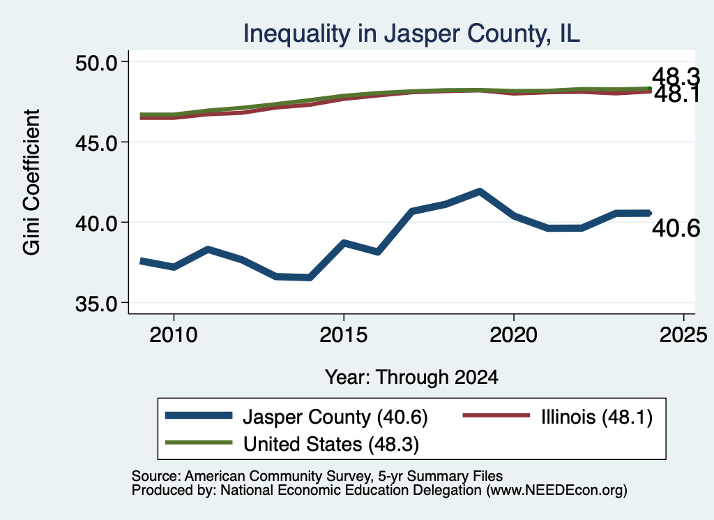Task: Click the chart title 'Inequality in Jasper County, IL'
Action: [411, 34]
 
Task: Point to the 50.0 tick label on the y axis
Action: [96, 62]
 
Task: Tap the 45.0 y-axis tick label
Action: [96, 142]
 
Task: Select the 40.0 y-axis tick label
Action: [96, 223]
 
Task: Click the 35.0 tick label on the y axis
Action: [96, 303]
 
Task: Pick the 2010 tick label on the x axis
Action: [174, 335]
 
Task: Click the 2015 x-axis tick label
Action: [343, 335]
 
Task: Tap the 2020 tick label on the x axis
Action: [514, 335]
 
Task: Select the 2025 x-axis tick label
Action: [683, 335]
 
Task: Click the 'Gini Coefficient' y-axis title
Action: [32, 182]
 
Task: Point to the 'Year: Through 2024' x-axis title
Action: [411, 378]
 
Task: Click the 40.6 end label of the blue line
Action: [676, 228]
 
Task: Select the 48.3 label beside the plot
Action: [676, 76]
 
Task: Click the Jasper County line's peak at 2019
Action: [480, 191]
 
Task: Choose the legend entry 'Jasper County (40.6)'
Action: [296, 417]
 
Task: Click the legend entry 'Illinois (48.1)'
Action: [558, 417]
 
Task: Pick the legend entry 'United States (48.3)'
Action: [292, 444]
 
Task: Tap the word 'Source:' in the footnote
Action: [157, 476]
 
